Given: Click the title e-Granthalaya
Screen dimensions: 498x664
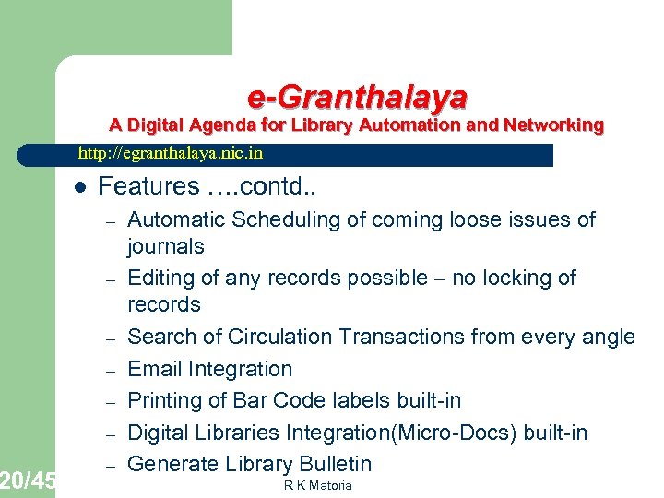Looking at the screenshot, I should tap(357, 96).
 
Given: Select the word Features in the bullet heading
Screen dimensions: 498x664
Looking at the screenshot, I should tap(148, 186).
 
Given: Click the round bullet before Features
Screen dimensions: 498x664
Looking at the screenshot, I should tap(79, 187).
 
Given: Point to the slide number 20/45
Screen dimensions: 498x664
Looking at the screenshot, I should tap(28, 480).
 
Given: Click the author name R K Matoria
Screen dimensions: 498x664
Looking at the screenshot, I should tap(318, 485).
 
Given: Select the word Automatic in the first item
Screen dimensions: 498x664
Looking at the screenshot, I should tap(172, 219).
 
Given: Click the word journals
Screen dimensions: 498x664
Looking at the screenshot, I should tap(166, 246).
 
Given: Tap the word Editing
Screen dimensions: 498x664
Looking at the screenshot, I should tap(159, 278).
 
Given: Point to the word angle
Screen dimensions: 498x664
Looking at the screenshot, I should tap(609, 338).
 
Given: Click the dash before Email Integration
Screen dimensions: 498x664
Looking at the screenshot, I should tap(108, 371).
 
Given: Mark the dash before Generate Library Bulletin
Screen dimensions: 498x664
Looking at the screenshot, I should tap(108, 466).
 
